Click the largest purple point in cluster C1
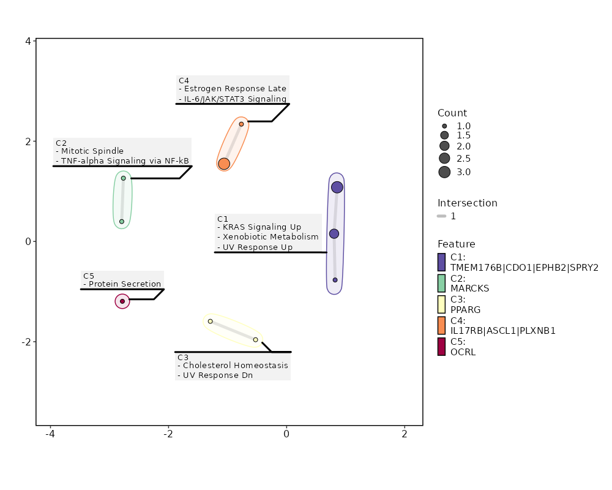[x=337, y=187]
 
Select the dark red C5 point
[x=122, y=301]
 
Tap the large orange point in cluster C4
[x=224, y=164]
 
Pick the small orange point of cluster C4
[x=241, y=124]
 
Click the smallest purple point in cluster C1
[x=335, y=280]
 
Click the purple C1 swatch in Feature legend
[x=442, y=262]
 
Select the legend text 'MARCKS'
[x=469, y=288]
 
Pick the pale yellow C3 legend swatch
[x=442, y=304]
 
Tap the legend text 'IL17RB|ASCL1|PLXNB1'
[x=502, y=331]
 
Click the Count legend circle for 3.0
[x=444, y=172]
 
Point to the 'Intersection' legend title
[x=467, y=203]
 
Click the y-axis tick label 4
[x=28, y=41]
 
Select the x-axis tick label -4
[x=50, y=435]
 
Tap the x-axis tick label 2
[x=405, y=435]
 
